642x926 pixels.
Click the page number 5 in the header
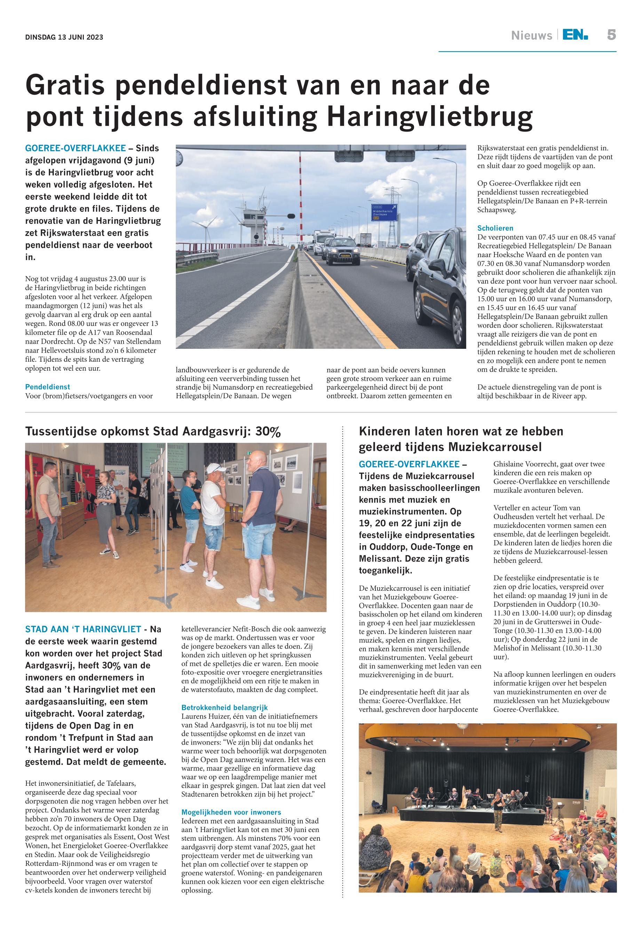point(611,35)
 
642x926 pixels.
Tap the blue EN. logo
point(575,36)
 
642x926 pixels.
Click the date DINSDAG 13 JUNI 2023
point(64,38)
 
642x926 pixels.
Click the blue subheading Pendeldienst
point(47,387)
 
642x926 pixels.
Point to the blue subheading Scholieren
point(495,228)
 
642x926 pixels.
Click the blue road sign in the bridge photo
point(385,212)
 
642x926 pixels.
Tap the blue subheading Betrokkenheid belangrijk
point(224,707)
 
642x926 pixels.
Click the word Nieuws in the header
point(531,36)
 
